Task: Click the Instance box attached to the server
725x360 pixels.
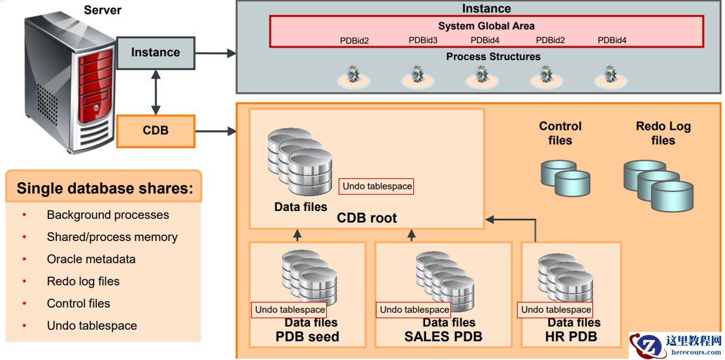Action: click(156, 53)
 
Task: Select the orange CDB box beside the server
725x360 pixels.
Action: click(156, 131)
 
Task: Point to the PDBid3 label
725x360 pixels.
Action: click(423, 41)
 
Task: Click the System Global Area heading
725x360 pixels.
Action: click(486, 26)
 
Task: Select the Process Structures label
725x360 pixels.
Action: click(493, 57)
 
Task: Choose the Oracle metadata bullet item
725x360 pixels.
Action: click(91, 259)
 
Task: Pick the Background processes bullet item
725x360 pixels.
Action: click(108, 215)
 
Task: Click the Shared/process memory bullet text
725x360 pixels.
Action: click(112, 237)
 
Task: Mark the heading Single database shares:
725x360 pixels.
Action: click(105, 189)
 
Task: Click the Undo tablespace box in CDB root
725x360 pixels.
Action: click(377, 187)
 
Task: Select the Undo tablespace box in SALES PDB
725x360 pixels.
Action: click(414, 310)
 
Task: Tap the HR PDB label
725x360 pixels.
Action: click(571, 337)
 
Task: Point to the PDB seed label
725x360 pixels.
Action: click(307, 337)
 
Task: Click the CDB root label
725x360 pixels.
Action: click(366, 218)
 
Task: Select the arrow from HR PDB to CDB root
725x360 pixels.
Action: click(535, 225)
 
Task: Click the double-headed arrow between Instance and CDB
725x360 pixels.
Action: click(156, 92)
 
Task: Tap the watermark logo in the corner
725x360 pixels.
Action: click(675, 346)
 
